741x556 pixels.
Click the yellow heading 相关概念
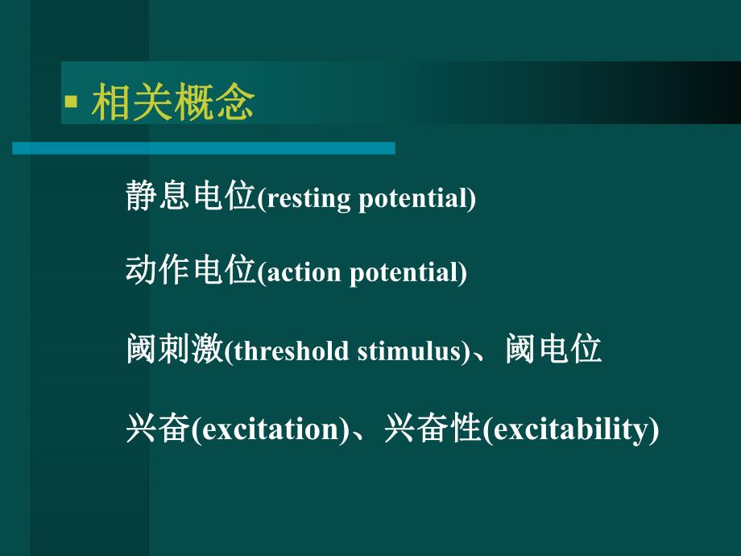coord(173,103)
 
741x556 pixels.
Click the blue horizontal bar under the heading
coord(204,148)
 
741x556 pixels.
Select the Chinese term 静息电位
coord(190,196)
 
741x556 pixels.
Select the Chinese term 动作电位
coord(190,272)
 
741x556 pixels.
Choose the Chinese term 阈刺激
coord(174,351)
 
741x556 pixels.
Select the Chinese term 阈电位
coord(555,351)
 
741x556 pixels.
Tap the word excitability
coord(569,429)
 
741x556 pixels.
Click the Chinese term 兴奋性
coord(433,428)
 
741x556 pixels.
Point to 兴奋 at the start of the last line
coord(158,428)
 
